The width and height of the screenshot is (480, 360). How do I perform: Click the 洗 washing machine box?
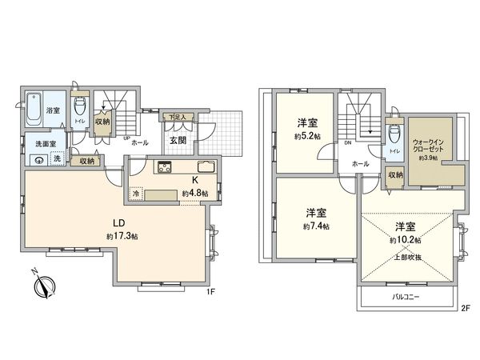[56, 159]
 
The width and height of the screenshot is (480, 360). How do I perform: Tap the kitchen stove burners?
[166, 167]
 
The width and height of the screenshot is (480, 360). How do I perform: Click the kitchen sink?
[202, 167]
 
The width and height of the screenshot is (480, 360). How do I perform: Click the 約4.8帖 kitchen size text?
[194, 194]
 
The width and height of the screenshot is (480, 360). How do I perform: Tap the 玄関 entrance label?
[178, 141]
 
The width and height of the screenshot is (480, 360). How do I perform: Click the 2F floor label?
[464, 310]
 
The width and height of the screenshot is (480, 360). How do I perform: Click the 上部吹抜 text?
[406, 258]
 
